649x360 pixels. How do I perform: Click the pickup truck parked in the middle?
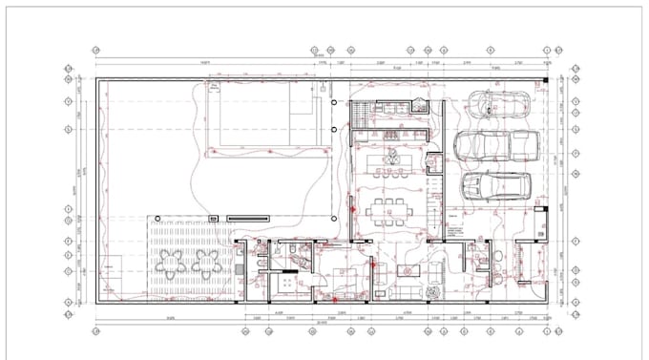tap(495, 147)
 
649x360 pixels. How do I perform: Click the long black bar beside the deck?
tap(248, 219)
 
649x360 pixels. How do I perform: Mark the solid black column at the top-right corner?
tap(546, 80)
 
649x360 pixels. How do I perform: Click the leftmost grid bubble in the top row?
tap(96, 49)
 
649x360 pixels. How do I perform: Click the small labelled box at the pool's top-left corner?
tap(214, 85)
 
